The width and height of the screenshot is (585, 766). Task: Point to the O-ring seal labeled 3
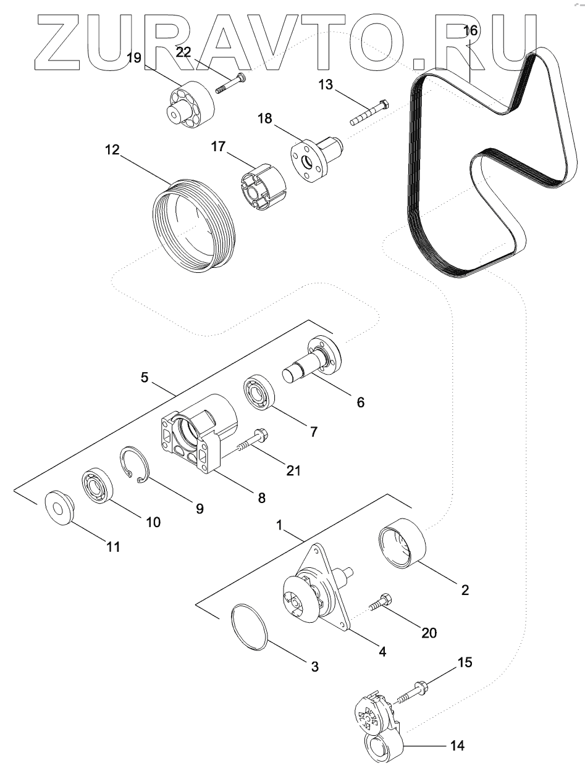point(250,627)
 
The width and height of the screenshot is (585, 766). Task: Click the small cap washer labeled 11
point(60,507)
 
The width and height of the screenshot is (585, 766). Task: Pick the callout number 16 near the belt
point(471,31)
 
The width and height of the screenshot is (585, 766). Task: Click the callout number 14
point(458,745)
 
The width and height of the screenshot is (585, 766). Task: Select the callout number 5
point(145,377)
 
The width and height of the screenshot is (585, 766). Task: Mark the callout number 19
point(134,59)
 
